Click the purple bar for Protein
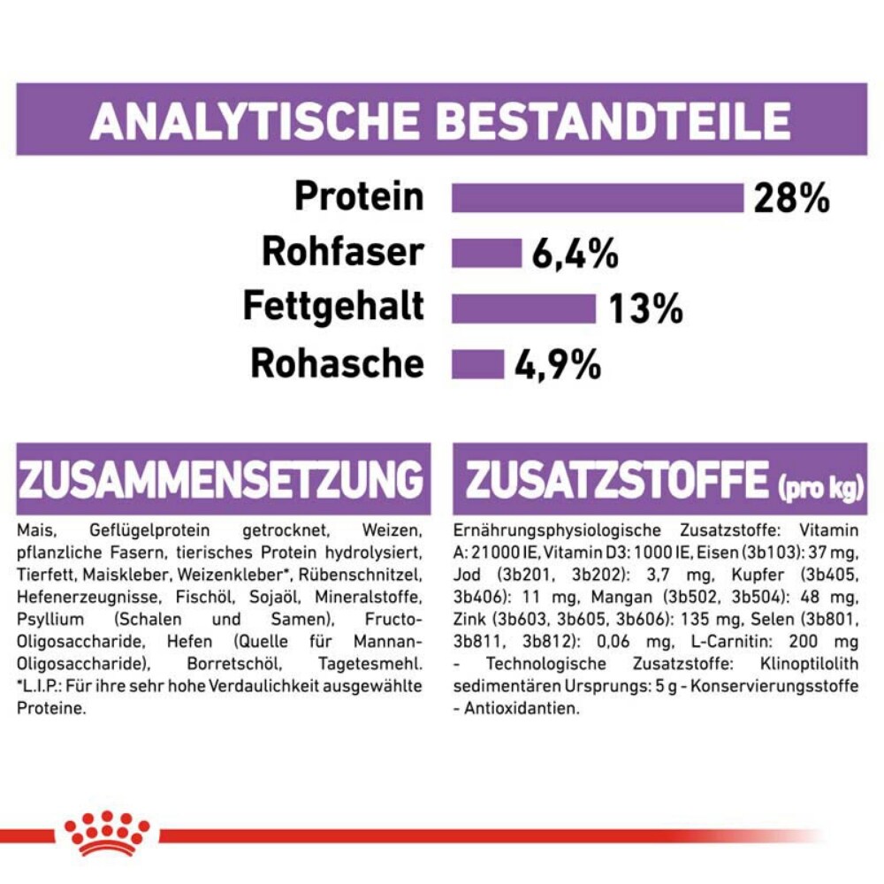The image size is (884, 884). point(598,198)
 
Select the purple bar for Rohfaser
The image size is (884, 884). point(486,253)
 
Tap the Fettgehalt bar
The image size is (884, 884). point(523,309)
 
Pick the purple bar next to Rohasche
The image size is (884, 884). point(477,364)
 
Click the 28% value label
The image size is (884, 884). point(791,199)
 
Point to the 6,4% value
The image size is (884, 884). point(575,255)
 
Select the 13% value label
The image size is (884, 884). point(645,309)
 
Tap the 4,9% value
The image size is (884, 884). point(559,364)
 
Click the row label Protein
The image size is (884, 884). point(359,196)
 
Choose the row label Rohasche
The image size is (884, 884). point(337,363)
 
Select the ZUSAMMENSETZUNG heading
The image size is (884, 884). point(221,480)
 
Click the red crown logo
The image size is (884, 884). point(107,832)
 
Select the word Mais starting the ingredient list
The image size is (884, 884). point(32,530)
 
